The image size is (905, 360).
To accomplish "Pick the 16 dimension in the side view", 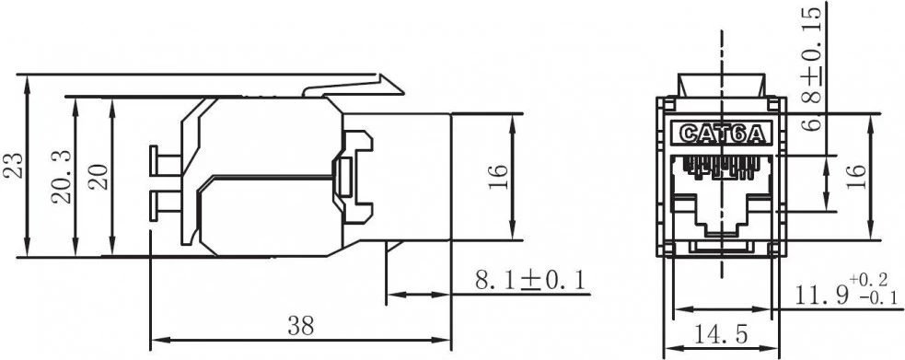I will (497, 176).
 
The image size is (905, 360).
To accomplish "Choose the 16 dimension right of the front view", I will (855, 176).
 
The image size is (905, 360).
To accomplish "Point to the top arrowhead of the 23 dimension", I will (29, 83).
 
